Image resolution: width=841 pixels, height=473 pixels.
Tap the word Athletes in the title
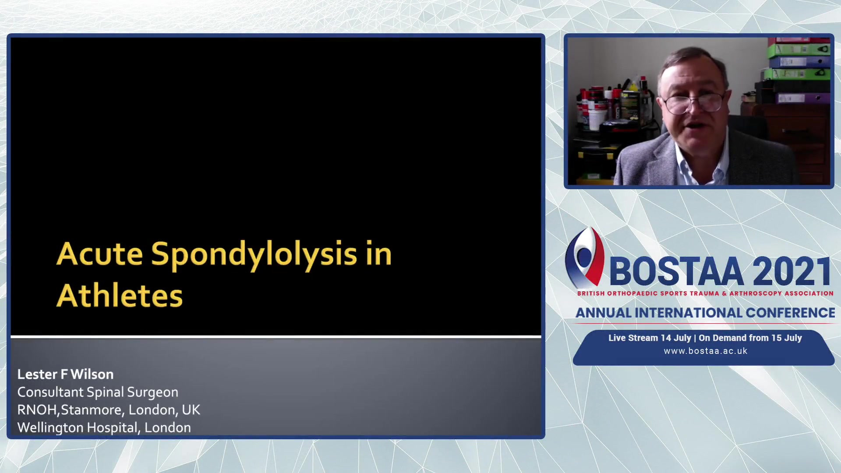pyautogui.click(x=120, y=296)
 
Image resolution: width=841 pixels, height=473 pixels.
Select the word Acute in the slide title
pyautogui.click(x=100, y=254)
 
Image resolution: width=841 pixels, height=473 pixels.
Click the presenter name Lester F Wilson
pyautogui.click(x=66, y=374)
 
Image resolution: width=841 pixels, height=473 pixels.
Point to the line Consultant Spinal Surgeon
pyautogui.click(x=98, y=392)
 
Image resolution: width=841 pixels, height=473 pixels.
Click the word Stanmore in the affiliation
pyautogui.click(x=92, y=410)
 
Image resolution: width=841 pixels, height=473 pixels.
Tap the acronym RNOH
pyautogui.click(x=37, y=410)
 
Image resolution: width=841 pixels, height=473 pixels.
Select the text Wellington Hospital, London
pyautogui.click(x=104, y=427)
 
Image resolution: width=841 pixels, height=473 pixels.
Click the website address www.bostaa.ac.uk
pyautogui.click(x=706, y=351)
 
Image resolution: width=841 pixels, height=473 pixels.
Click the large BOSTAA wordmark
pyautogui.click(x=676, y=272)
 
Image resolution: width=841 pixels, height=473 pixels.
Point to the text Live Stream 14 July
pyautogui.click(x=650, y=338)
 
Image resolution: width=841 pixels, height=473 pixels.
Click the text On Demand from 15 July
pyautogui.click(x=750, y=338)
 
